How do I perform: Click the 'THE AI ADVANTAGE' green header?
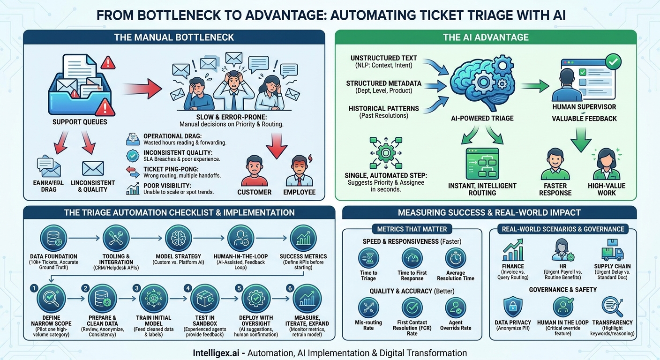[x=486, y=37]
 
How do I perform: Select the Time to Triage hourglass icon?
[x=368, y=258]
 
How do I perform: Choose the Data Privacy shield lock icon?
[x=513, y=307]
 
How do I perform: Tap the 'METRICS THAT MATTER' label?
[x=412, y=229]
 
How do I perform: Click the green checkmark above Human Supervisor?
[x=613, y=61]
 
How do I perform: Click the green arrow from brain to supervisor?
[x=535, y=86]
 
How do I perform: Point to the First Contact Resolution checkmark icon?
[x=412, y=307]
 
